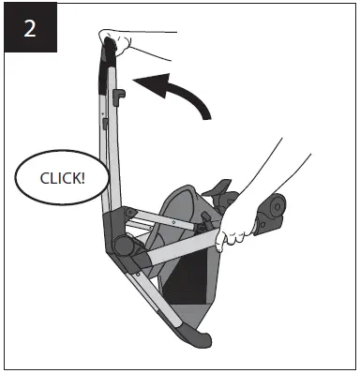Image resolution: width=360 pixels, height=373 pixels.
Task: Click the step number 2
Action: [30, 27]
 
